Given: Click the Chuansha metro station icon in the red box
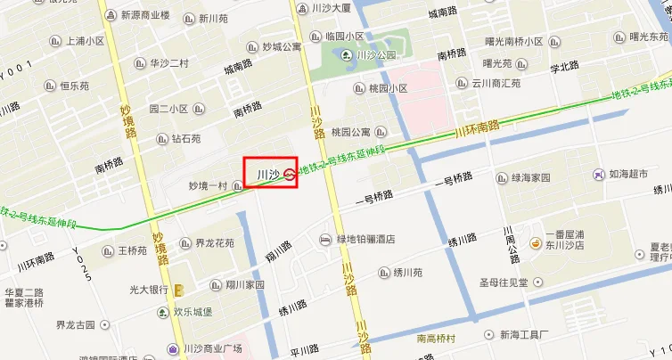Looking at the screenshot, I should point(291,174).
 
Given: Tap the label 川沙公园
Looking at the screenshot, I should point(374,55).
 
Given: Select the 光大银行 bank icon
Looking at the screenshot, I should point(179,290).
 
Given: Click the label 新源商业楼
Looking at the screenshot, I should point(145,15).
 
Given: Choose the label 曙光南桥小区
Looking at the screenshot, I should point(514,41).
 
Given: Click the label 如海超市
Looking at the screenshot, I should point(628,174).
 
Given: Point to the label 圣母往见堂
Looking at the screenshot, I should point(504,282).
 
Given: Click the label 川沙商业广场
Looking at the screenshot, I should point(212,348).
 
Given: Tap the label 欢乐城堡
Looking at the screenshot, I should point(192,313).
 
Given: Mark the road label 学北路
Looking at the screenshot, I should point(564,67).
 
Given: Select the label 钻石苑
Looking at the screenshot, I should point(186,139).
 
